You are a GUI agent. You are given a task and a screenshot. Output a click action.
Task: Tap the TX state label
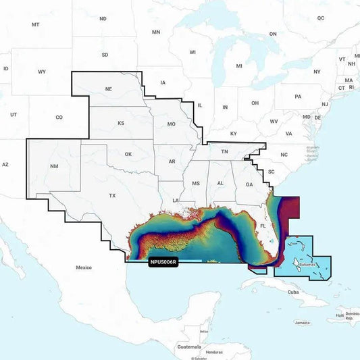pyautogui.click(x=112, y=195)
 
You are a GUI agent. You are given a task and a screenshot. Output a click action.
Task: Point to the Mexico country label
pyautogui.click(x=83, y=267)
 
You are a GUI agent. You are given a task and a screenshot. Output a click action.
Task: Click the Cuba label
pyautogui.click(x=293, y=292)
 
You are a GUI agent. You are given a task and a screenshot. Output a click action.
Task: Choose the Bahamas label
pyautogui.click(x=307, y=265)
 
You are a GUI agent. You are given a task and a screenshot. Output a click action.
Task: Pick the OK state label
pyautogui.click(x=128, y=154)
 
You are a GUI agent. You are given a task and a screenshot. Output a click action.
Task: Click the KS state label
pyautogui.click(x=121, y=123)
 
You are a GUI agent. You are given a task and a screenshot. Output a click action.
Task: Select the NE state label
pyautogui.click(x=108, y=88)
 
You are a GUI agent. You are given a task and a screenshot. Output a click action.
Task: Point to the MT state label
pyautogui.click(x=35, y=24)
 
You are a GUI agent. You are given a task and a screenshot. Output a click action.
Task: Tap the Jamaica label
pyautogui.click(x=302, y=323)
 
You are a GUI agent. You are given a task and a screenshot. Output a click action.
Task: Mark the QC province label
pyautogui.click(x=321, y=18)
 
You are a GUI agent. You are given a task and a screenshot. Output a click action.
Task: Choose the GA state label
pyautogui.click(x=249, y=184)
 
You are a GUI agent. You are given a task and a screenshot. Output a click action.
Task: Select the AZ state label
pyautogui.click(x=5, y=164)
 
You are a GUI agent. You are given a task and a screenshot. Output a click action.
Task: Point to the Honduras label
pyautogui.click(x=214, y=352)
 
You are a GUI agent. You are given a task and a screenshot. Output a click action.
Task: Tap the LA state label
pyautogui.click(x=176, y=201)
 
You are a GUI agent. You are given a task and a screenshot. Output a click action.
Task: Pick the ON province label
pyautogui.click(x=273, y=33)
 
